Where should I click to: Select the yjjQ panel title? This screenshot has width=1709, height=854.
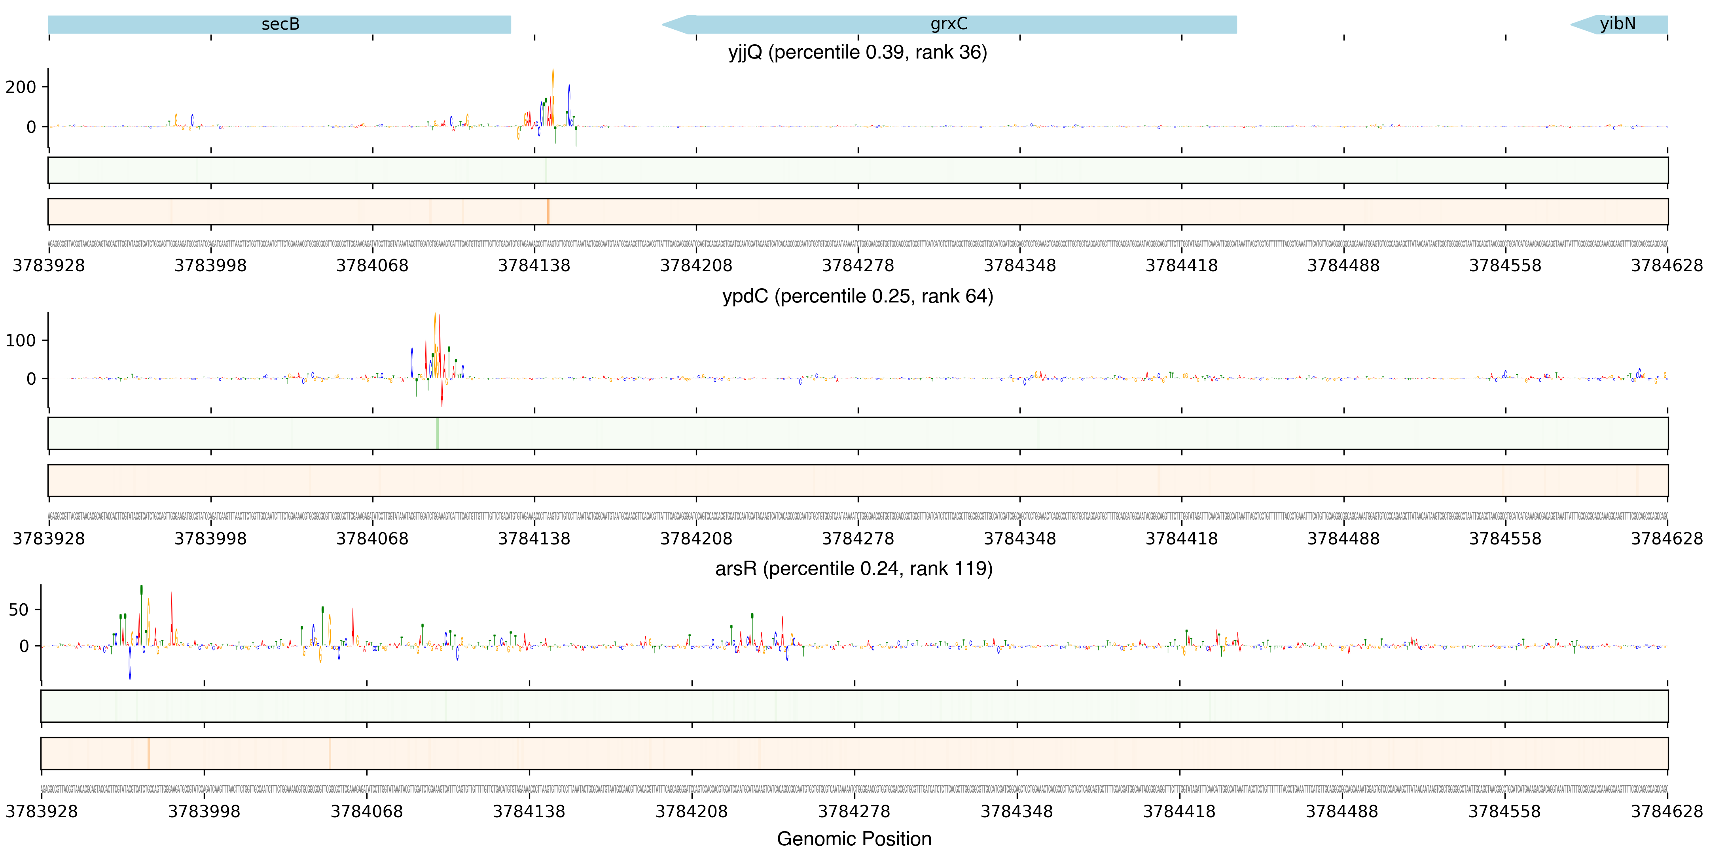857,52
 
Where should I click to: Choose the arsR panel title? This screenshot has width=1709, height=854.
854,569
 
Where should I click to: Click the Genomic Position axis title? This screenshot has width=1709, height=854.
854,839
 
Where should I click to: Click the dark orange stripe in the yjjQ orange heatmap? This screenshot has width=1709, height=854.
548,212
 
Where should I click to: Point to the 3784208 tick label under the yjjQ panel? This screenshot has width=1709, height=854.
696,266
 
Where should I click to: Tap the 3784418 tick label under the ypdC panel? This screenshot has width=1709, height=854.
1182,538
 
